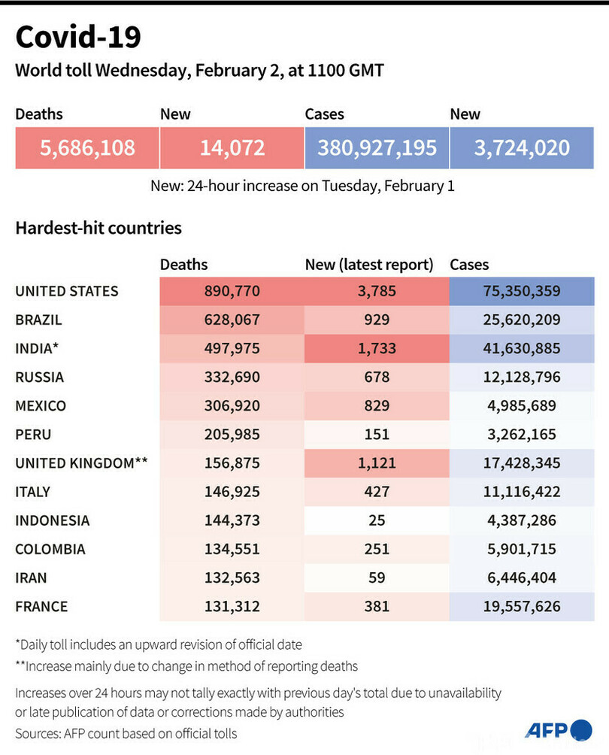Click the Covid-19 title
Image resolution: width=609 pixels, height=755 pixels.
point(77,37)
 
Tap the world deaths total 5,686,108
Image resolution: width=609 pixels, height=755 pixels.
point(87,147)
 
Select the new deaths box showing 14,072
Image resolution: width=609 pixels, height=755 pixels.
point(232,147)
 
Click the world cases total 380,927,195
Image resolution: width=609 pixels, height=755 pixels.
point(377,147)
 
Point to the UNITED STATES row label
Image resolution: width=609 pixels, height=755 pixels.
point(67,291)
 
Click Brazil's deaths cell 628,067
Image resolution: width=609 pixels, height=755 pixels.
point(232,320)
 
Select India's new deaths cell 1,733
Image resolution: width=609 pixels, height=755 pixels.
point(377,348)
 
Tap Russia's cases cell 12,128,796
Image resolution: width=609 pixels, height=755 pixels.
point(521,377)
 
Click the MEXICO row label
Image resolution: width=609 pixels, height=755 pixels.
point(41,406)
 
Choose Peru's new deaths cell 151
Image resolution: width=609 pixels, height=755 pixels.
point(377,435)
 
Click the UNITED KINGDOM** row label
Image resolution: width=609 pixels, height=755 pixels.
point(81,463)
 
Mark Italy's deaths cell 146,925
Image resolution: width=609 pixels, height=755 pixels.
point(232,492)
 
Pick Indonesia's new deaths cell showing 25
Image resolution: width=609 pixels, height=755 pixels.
point(377,520)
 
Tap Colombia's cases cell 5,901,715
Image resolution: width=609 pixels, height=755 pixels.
point(521,549)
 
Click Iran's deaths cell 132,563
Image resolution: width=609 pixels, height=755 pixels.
point(232,578)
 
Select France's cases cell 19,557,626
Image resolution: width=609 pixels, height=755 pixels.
point(521,606)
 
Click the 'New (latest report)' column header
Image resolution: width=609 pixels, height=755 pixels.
point(369,265)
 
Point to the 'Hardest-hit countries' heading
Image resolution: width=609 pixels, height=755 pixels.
point(98,227)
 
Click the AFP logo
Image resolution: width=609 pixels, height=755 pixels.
point(558,729)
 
